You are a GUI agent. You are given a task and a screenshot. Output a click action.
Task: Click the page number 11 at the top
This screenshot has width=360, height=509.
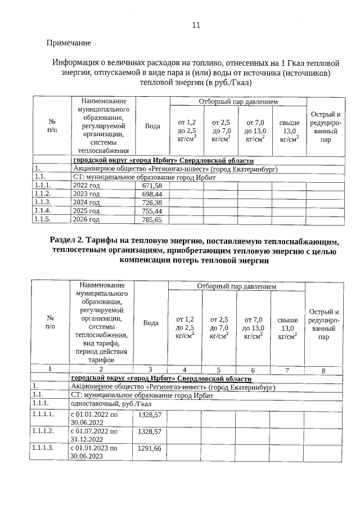[x=196, y=25]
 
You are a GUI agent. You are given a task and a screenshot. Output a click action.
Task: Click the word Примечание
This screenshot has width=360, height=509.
[x=69, y=43]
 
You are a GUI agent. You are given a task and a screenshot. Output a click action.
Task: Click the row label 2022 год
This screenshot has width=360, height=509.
[x=87, y=185]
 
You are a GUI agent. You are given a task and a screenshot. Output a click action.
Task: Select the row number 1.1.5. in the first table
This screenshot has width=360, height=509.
[x=43, y=220]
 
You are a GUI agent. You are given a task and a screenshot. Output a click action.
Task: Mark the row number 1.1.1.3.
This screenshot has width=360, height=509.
[x=44, y=448]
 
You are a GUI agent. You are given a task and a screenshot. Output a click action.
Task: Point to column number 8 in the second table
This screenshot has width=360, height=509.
[x=323, y=370]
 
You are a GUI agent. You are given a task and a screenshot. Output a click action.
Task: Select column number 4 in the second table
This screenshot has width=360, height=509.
[x=184, y=370]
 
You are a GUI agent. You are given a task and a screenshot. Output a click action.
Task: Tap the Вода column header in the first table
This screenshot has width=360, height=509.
[x=152, y=126]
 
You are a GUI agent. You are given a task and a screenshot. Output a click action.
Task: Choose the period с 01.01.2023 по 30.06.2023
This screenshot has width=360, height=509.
[x=94, y=452]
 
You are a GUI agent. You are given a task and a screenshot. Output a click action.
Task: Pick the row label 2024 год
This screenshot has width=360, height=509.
[x=87, y=202]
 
